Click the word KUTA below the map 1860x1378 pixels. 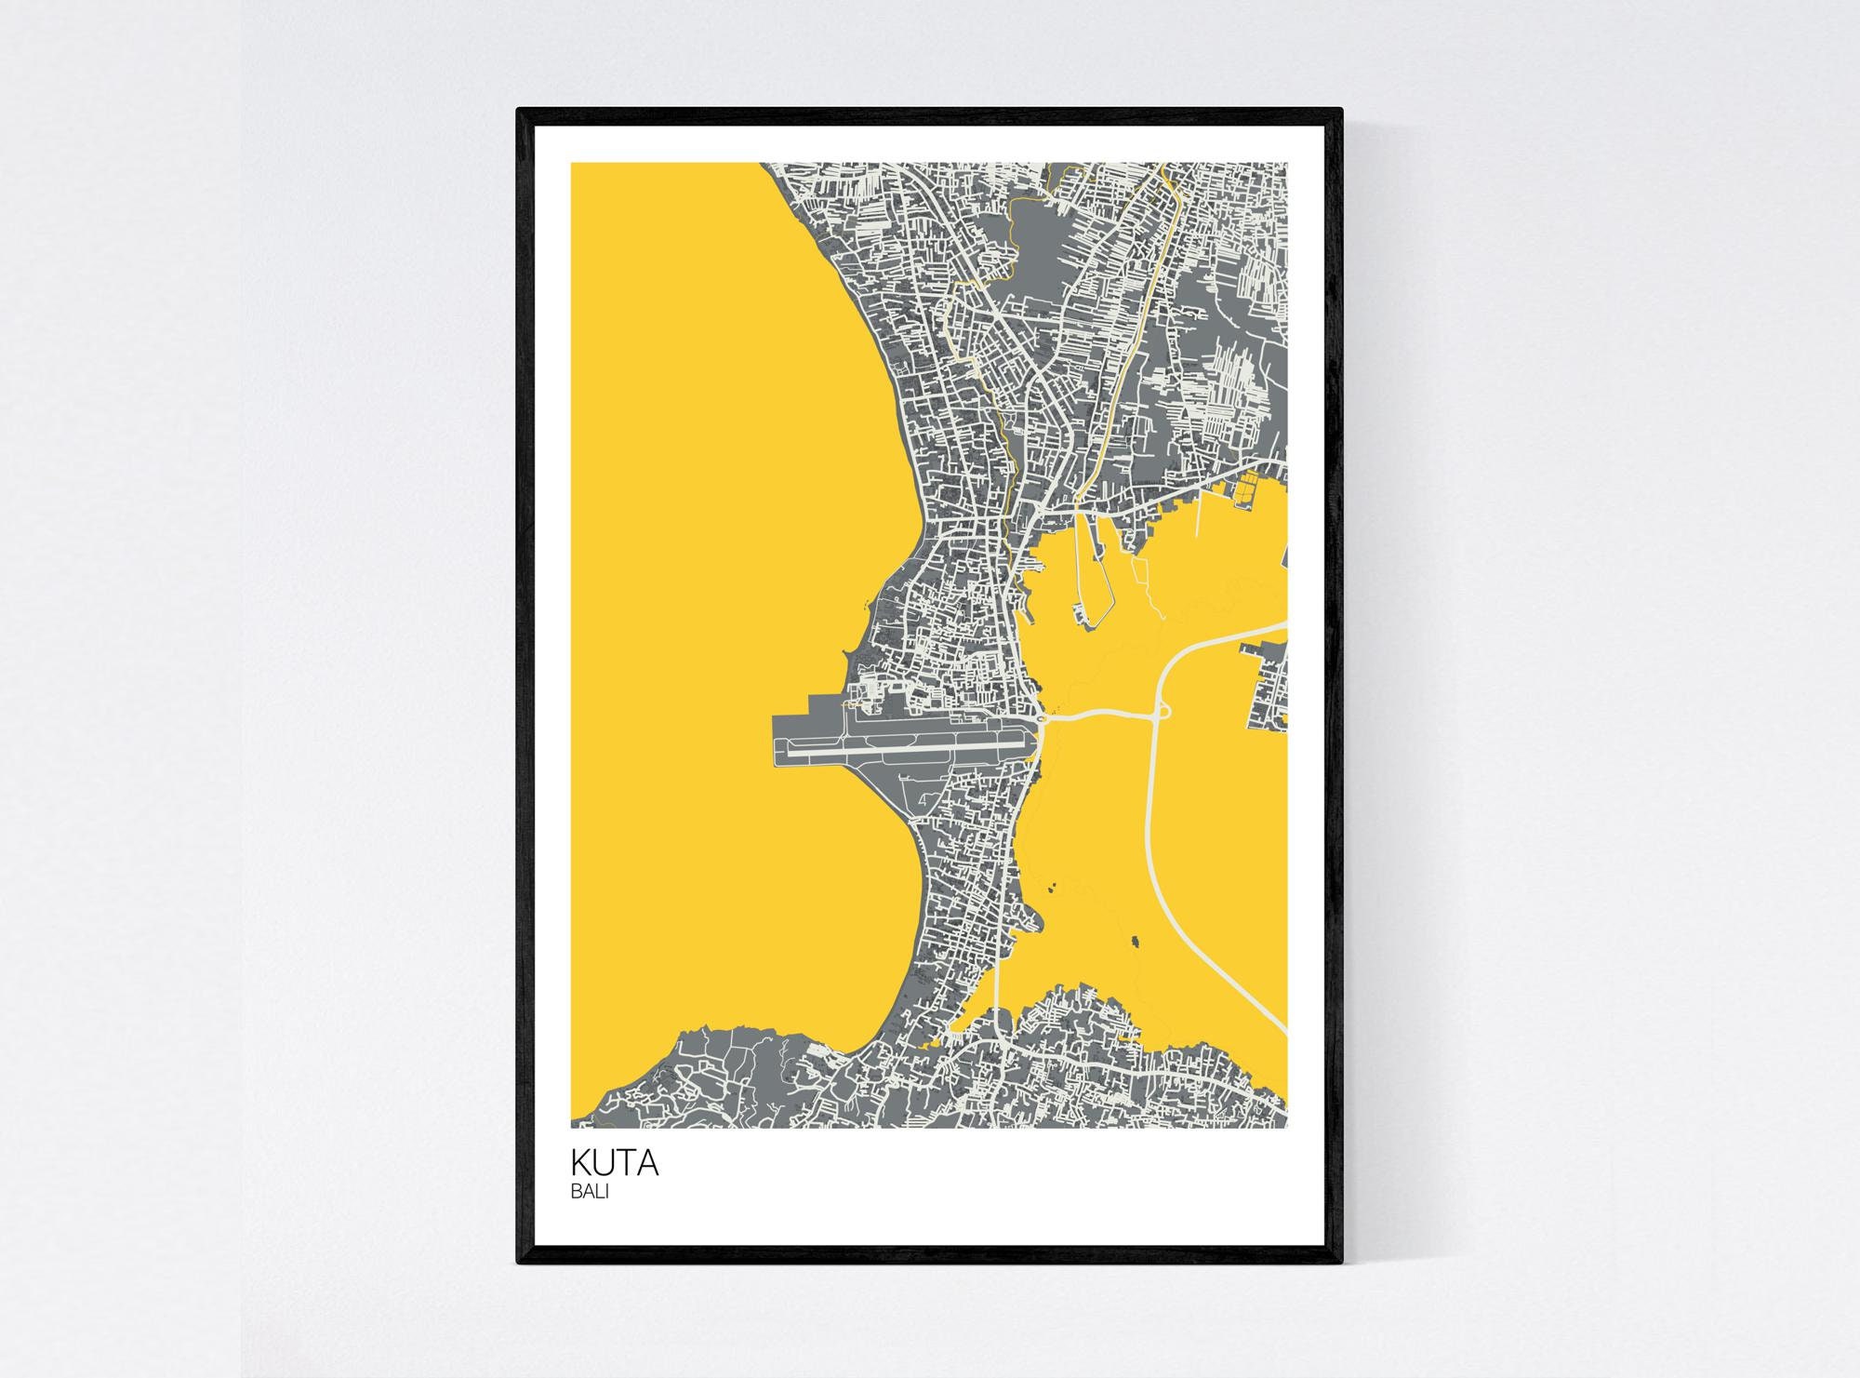(615, 1163)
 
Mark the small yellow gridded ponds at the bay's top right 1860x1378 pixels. (1247, 488)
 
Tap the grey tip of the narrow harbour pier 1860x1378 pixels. (1082, 615)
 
